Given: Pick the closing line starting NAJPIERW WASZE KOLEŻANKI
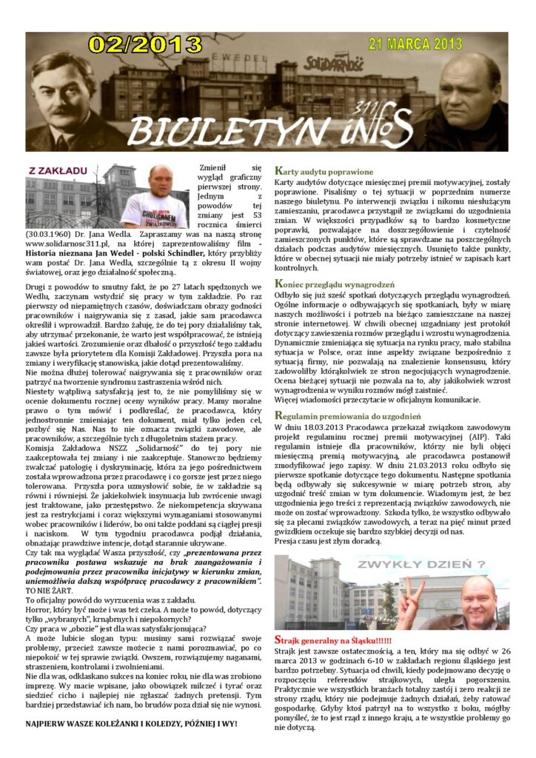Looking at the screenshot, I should (x=132, y=722).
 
